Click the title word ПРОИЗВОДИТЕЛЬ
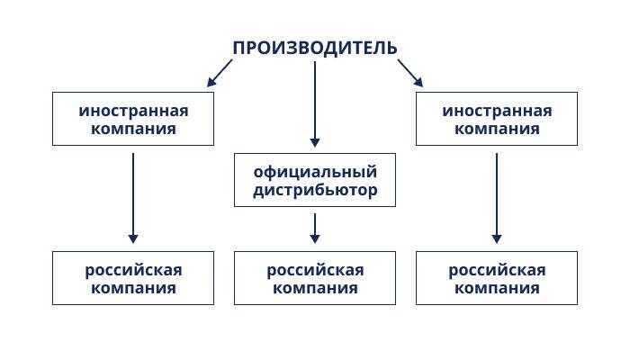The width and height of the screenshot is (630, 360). [x=314, y=48]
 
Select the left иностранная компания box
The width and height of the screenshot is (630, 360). [x=133, y=119]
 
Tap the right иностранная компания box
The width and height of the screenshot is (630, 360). [x=497, y=119]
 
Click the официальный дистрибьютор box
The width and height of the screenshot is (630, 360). [x=315, y=180]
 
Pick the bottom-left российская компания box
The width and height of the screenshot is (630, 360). [x=133, y=278]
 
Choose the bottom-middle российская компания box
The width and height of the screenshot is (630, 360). [x=315, y=278]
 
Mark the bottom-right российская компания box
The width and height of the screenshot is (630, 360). [x=497, y=278]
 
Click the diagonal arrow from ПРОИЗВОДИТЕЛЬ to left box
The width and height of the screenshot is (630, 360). [x=220, y=73]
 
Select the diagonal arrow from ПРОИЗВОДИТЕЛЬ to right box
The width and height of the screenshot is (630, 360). [x=409, y=73]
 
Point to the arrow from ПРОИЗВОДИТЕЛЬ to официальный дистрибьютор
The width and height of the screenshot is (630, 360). [x=315, y=103]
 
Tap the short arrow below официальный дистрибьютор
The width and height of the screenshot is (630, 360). [x=315, y=228]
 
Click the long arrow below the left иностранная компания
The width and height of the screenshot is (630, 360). [x=133, y=198]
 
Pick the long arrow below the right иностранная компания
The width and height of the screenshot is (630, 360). [x=497, y=198]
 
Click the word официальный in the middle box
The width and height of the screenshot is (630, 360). [x=315, y=171]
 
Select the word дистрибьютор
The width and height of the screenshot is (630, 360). [x=315, y=190]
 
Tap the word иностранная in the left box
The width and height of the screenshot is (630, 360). [x=133, y=110]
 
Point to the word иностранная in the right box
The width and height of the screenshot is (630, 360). [x=497, y=110]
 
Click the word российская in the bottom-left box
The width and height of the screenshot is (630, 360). [x=133, y=269]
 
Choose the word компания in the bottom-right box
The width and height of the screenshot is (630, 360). [x=497, y=288]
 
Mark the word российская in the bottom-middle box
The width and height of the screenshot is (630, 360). [x=315, y=269]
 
